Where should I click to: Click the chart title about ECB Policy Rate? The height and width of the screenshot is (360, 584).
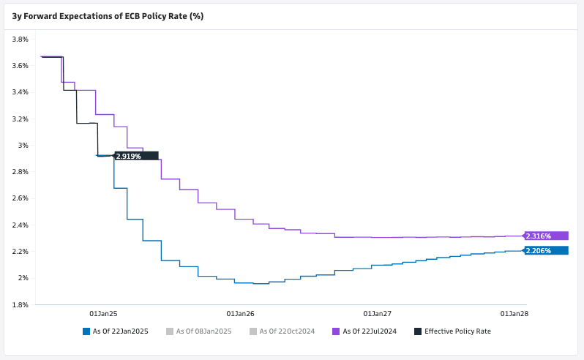(108, 16)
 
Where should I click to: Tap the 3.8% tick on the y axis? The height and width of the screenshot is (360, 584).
(20, 39)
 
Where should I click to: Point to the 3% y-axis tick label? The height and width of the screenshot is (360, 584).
(24, 146)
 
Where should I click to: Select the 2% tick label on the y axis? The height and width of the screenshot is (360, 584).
(24, 278)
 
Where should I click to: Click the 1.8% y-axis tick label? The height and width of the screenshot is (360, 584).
(20, 304)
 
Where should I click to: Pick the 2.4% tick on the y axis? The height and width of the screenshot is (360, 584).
(20, 225)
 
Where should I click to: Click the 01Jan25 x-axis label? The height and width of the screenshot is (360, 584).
(103, 313)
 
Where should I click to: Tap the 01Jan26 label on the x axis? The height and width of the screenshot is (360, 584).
(241, 313)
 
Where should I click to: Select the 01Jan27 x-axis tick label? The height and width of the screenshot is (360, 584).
(378, 313)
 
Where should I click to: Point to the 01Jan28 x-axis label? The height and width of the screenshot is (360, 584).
(514, 313)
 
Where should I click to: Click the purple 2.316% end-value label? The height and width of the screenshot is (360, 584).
(546, 236)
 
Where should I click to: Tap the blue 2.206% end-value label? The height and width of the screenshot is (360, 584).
(546, 250)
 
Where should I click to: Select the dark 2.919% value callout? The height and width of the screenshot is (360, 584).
(136, 156)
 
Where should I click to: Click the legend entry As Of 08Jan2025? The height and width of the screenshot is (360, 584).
(203, 331)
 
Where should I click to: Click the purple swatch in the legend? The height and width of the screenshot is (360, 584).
(336, 331)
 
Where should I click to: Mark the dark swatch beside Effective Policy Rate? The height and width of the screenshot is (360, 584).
(418, 331)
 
